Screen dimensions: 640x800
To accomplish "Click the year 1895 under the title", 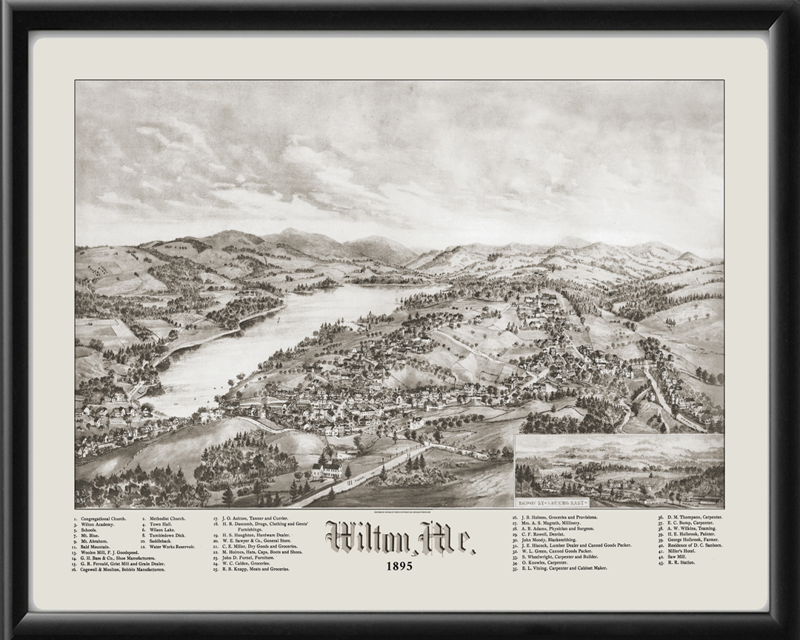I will point(399,567).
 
